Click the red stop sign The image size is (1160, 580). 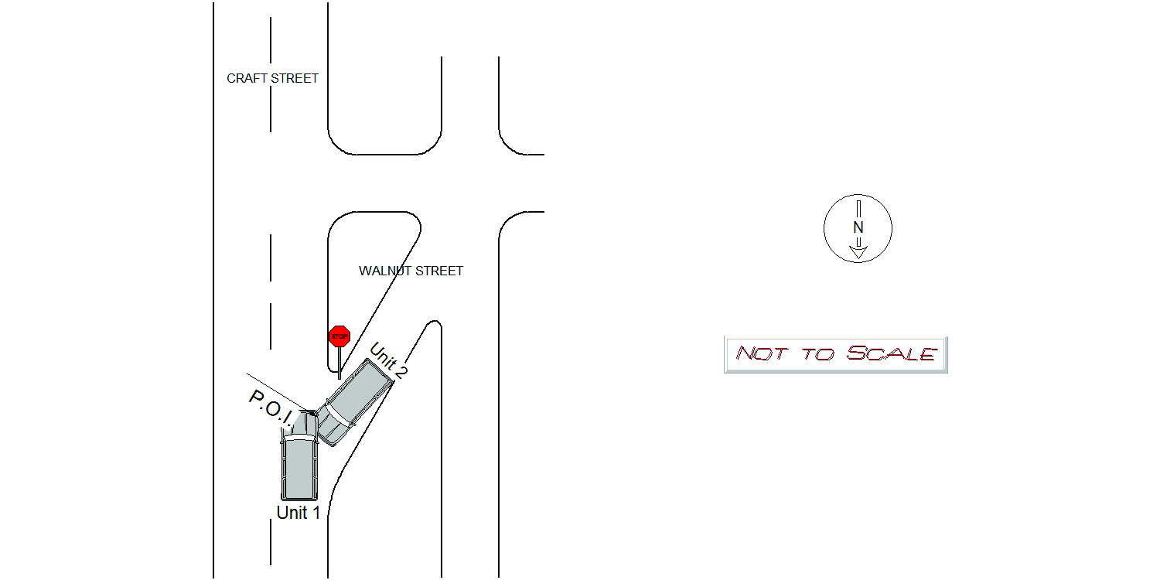tap(339, 336)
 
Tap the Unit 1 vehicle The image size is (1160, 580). tap(299, 455)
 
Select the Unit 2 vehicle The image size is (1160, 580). tap(354, 402)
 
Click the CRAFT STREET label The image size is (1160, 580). tap(272, 78)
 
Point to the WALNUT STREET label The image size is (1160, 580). tap(411, 271)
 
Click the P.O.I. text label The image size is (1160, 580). tap(271, 409)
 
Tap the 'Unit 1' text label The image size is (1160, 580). tap(299, 513)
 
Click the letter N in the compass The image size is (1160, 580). tap(858, 227)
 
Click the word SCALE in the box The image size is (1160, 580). tap(891, 353)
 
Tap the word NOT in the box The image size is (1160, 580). tap(761, 353)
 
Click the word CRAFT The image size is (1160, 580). tap(247, 78)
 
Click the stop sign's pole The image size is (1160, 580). tap(339, 363)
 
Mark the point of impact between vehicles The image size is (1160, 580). tap(314, 413)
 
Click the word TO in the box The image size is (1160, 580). tap(818, 354)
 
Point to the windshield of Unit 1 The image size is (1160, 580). tap(299, 438)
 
